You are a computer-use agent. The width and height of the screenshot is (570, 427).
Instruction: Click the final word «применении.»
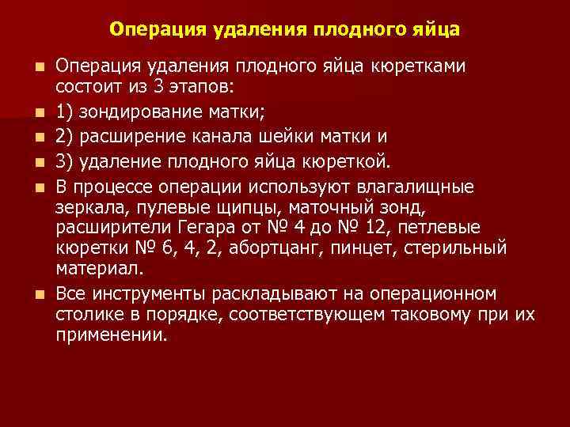pyautogui.click(x=112, y=335)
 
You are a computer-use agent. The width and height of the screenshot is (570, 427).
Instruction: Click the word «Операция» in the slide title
pyautogui.click(x=158, y=29)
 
